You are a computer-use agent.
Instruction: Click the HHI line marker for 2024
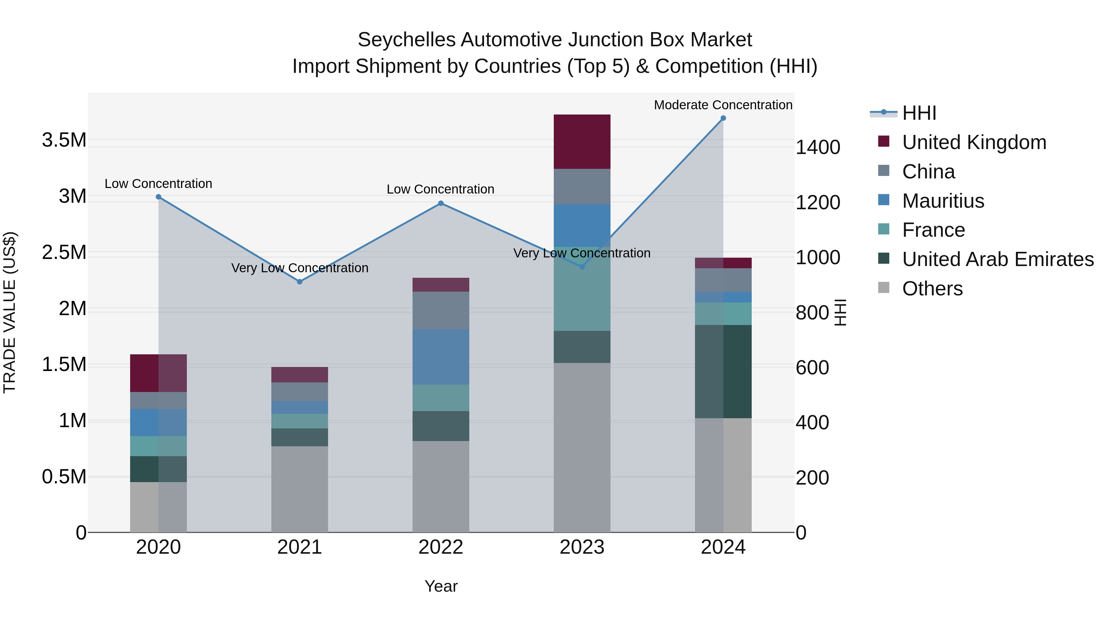(723, 118)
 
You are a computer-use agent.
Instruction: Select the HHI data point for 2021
(300, 282)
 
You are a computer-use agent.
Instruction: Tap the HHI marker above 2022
(441, 203)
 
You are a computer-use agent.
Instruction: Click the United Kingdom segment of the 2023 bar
(582, 141)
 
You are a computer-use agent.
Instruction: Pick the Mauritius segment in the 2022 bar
(441, 357)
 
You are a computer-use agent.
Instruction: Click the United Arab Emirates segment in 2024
(723, 371)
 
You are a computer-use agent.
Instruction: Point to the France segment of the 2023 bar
(582, 289)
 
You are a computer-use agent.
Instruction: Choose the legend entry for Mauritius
(943, 201)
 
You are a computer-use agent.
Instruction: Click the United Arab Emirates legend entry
(997, 260)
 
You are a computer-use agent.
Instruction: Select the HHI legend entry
(919, 113)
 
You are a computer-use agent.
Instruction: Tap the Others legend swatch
(883, 288)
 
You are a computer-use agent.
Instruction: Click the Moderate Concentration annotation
(723, 105)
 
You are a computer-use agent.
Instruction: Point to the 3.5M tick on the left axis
(64, 140)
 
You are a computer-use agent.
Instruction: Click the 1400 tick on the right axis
(817, 148)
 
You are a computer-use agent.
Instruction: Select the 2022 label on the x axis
(441, 547)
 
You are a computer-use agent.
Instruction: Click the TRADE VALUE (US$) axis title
(10, 312)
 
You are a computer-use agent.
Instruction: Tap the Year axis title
(441, 586)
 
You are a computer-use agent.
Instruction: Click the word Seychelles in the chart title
(406, 40)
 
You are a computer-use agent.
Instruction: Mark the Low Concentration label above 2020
(158, 184)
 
